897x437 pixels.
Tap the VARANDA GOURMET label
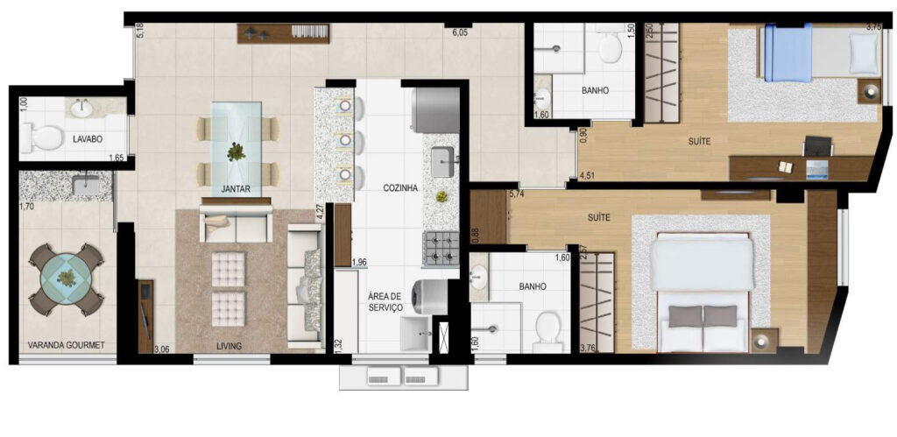pos(67,345)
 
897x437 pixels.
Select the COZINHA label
pos(400,187)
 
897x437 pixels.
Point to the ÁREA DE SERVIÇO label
pos(385,302)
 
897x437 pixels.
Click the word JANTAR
pos(236,189)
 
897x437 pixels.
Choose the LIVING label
pos(229,346)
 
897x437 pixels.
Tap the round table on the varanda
pos(67,278)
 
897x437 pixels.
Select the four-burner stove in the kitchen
pos(441,249)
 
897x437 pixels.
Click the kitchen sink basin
pos(442,162)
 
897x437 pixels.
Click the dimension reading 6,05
pos(460,32)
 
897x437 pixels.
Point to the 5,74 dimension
pos(517,194)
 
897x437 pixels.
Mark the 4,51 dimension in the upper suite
pos(588,176)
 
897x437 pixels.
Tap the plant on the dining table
pos(236,152)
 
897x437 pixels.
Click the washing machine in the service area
pos(432,296)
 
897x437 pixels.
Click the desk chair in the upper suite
pos(817,146)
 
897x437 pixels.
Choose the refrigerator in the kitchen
pos(435,110)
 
